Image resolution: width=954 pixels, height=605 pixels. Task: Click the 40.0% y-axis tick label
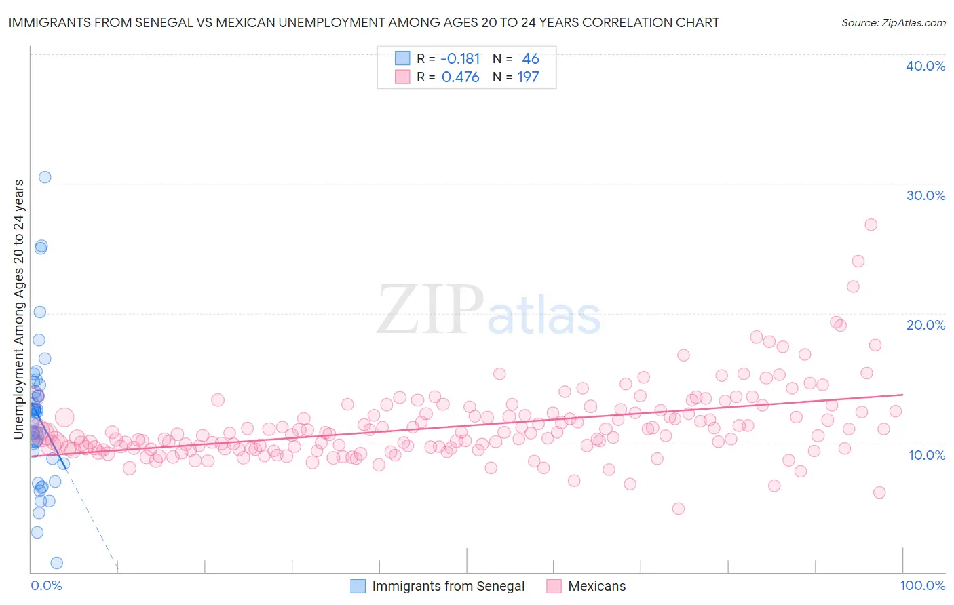[x=926, y=66]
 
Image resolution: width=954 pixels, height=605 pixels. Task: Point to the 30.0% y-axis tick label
[x=926, y=195]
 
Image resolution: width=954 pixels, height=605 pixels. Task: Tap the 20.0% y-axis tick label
[x=926, y=325]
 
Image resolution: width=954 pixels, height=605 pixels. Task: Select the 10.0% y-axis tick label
[x=927, y=454]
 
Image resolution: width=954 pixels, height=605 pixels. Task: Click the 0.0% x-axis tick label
[x=46, y=585]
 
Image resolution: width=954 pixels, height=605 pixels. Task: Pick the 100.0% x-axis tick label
[x=923, y=585]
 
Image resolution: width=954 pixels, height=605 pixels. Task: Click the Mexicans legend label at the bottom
[x=596, y=586]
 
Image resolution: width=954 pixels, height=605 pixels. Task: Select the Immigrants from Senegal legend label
[x=449, y=586]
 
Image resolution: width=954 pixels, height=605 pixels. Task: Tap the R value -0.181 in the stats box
[x=460, y=59]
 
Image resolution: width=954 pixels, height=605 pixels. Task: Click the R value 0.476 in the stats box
[x=460, y=77]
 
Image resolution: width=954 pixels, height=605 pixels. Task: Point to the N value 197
[x=528, y=77]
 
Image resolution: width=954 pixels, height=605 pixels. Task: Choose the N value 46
[x=530, y=59]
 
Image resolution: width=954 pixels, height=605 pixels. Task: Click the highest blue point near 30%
[x=45, y=177]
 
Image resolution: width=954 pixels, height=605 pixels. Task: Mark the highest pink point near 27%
[x=871, y=225]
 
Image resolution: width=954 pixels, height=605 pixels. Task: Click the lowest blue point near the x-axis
[x=57, y=563]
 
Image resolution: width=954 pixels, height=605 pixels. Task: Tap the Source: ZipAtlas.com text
[x=893, y=22]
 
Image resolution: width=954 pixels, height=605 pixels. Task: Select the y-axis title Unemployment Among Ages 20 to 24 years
[x=18, y=309]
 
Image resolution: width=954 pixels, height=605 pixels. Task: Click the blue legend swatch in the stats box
[x=402, y=58]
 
